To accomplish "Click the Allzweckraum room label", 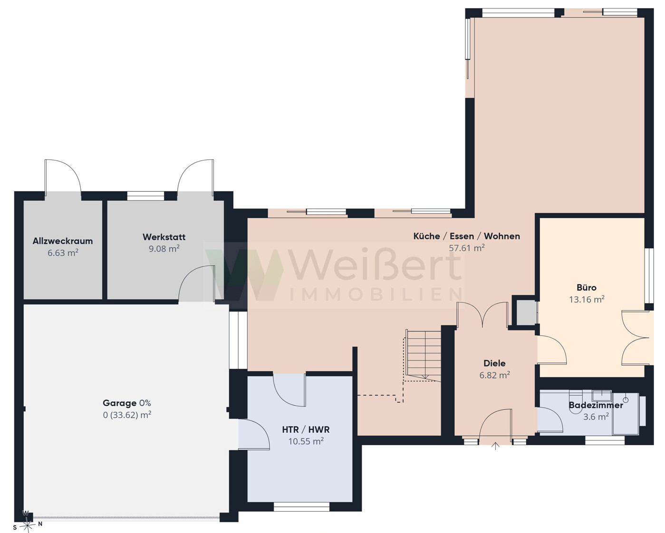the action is tap(63, 241).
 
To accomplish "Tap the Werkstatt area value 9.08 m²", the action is tap(164, 249).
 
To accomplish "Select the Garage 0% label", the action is tap(127, 403).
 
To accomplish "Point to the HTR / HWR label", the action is tap(306, 430).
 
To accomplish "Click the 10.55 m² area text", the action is tap(306, 441).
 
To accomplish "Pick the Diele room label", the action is tap(494, 363).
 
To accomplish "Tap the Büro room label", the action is tap(587, 288).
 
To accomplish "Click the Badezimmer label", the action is tap(596, 405).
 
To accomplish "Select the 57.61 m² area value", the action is tap(467, 248).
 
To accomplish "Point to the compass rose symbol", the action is tap(27, 524).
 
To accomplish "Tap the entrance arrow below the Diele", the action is tap(495, 446).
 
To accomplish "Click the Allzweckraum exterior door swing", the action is tap(63, 178).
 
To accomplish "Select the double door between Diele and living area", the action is tap(482, 315).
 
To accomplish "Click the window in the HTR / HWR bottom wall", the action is tap(301, 507).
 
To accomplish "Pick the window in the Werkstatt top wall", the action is tap(145, 196).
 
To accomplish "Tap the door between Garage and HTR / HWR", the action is tap(254, 434).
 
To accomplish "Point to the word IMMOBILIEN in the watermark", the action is tap(376, 294).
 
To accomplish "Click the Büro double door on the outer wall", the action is tap(636, 338).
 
